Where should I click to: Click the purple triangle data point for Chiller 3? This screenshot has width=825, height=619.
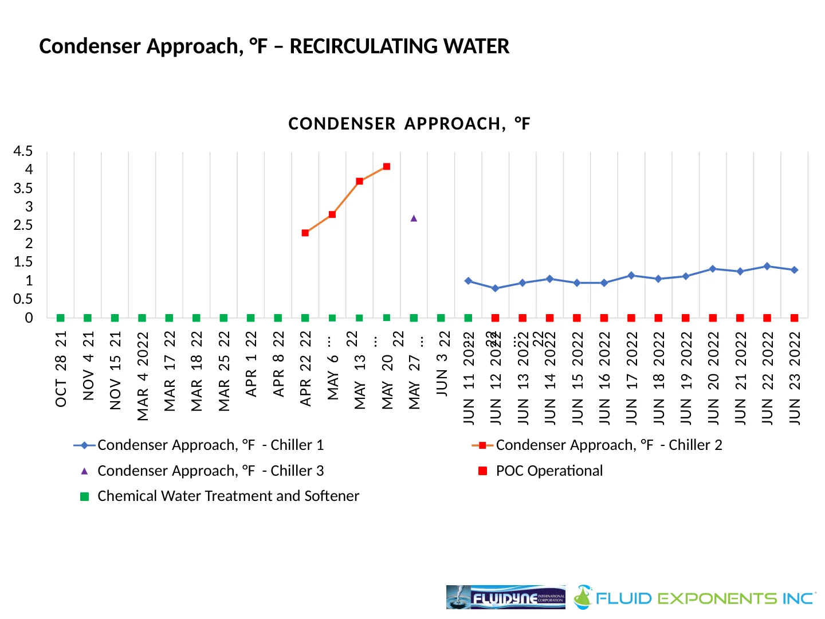point(414,218)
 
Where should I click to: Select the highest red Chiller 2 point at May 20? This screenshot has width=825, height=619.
point(387,166)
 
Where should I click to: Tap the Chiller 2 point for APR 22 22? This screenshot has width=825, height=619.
point(305,233)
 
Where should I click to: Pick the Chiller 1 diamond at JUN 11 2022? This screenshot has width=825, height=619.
point(468,281)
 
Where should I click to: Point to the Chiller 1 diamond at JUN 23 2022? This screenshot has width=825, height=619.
point(794,270)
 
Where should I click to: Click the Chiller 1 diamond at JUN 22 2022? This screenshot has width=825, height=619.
point(767,266)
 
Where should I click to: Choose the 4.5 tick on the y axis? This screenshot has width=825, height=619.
point(23,151)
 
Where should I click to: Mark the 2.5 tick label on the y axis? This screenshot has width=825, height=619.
point(23,225)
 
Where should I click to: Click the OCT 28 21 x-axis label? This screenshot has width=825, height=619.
point(61,369)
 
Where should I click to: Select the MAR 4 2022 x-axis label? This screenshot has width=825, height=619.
point(143,376)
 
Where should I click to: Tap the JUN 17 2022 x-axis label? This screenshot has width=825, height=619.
point(631,378)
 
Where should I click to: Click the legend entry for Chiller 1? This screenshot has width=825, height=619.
point(210,445)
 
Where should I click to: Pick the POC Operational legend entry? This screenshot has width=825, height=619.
point(549,471)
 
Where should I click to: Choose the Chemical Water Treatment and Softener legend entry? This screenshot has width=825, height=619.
point(228,496)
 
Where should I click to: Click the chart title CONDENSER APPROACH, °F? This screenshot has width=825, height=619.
point(409,124)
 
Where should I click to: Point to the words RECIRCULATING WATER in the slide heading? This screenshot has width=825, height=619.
point(399,46)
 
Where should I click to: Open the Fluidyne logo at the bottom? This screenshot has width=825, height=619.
point(505,597)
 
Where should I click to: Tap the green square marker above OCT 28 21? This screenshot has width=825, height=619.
point(61,318)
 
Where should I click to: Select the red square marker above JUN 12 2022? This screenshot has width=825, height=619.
point(496,318)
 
